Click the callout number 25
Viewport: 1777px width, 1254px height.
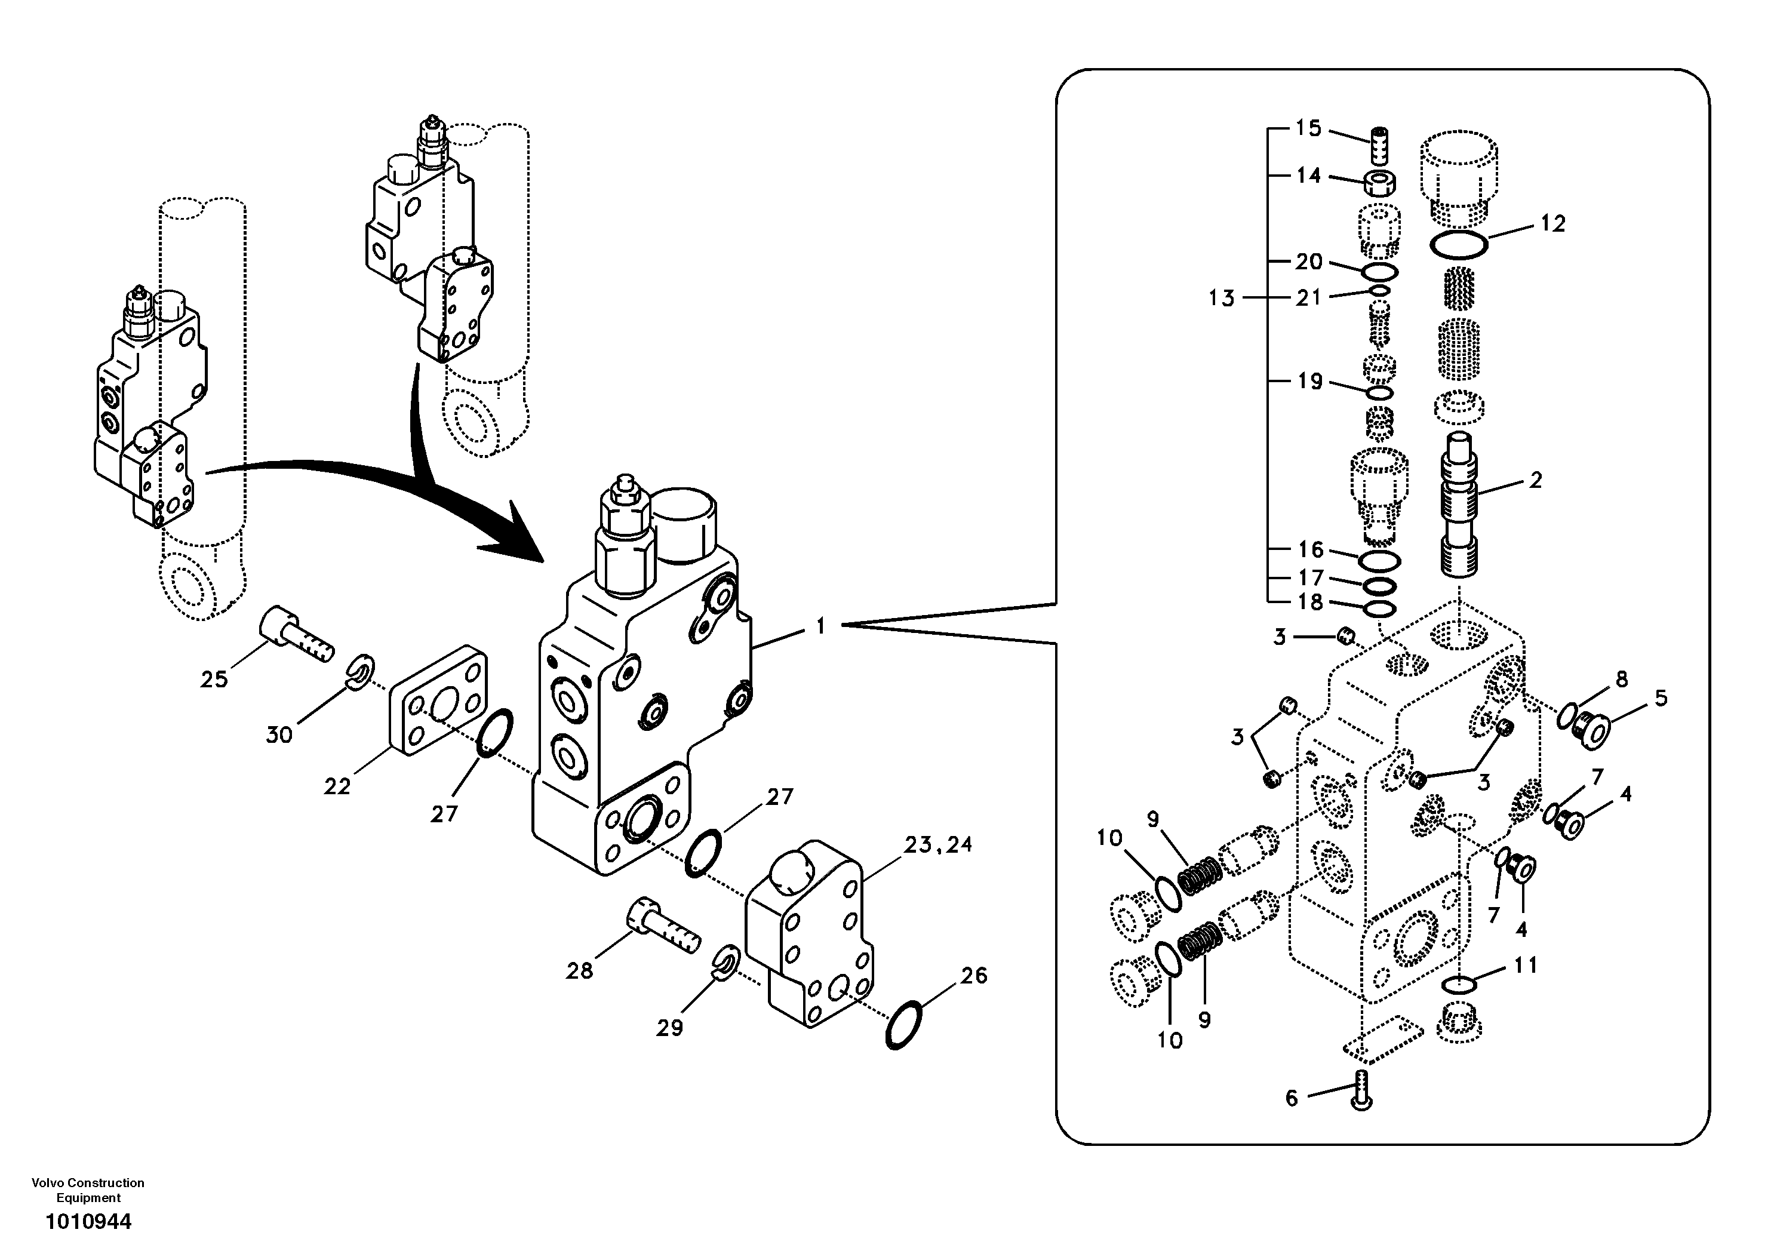214,679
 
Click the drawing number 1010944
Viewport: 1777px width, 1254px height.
88,1222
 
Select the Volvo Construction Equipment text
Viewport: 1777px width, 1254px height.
88,1190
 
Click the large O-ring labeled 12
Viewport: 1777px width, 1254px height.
1458,245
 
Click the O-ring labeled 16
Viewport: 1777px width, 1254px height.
1379,559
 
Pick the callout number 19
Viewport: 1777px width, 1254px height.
1309,381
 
